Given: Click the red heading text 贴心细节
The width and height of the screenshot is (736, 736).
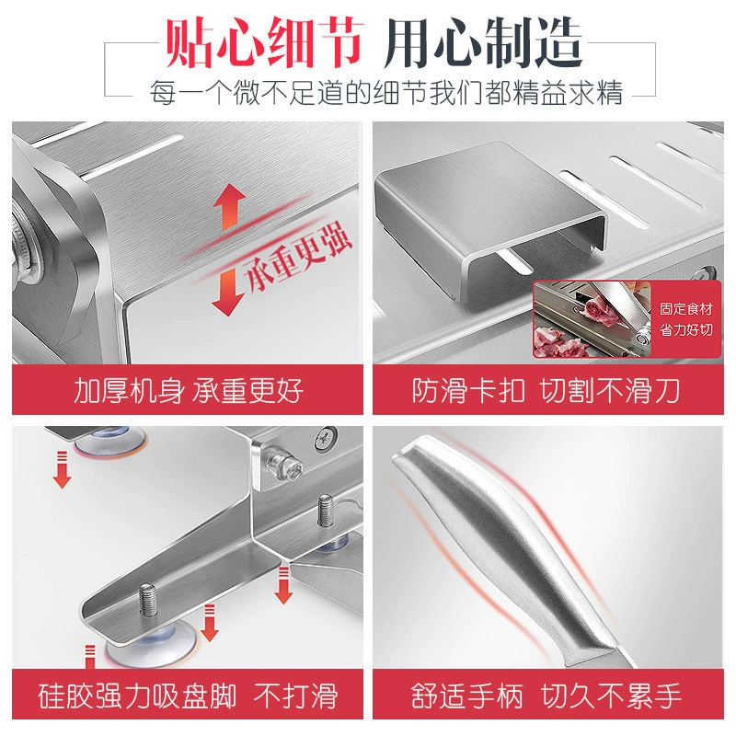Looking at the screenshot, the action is (264, 42).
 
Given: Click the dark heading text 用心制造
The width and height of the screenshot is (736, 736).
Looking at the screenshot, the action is (483, 42).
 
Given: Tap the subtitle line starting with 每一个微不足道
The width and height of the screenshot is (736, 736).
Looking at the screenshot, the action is (385, 93).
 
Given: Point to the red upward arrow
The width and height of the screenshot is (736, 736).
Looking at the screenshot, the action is (229, 205).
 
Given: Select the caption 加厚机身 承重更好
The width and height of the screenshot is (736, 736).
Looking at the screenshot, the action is (189, 390).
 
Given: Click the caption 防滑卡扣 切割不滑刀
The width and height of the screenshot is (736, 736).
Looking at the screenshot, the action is (546, 390).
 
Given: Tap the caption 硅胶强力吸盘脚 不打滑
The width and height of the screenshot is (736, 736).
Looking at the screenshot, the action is (188, 696).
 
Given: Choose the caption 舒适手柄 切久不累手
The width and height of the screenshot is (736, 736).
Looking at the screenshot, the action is (546, 696).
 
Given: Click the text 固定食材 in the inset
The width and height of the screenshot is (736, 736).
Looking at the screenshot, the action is (685, 309).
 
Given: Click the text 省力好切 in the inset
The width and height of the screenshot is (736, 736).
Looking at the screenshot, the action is (685, 330).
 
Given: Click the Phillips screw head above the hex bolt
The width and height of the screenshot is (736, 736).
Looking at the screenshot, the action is (327, 439).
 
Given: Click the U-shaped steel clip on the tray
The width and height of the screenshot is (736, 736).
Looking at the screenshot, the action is (490, 220).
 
